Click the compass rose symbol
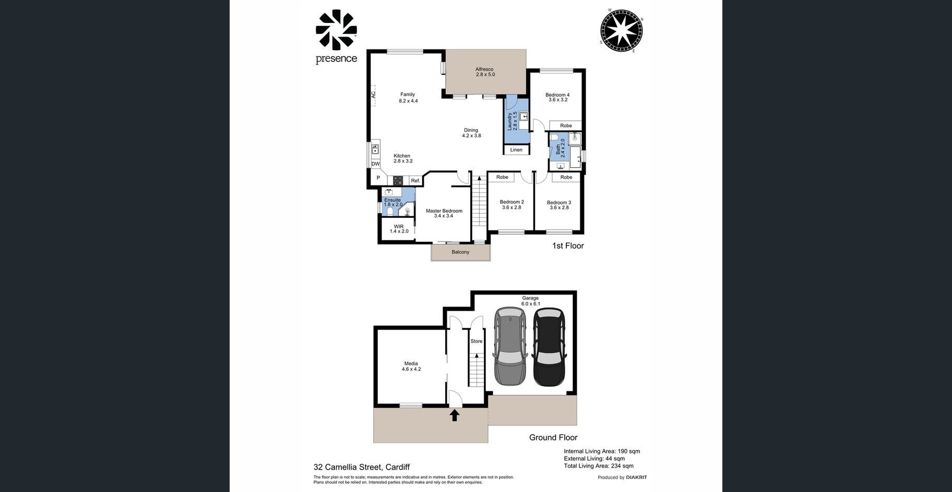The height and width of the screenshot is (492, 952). (621, 31)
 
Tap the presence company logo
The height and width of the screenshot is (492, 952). (336, 36)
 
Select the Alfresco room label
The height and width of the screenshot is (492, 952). (485, 72)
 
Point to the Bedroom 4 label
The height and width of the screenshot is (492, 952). (557, 97)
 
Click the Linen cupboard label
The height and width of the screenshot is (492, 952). (516, 150)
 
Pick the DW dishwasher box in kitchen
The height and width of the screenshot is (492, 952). (376, 164)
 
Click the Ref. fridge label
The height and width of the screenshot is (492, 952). (415, 181)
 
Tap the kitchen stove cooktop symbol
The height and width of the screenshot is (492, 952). (398, 181)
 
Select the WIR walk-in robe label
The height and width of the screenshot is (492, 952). (399, 229)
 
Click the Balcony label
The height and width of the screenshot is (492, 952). (460, 252)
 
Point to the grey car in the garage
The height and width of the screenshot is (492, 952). (510, 347)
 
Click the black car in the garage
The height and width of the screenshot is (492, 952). (549, 347)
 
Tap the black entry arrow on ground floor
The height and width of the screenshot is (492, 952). (455, 415)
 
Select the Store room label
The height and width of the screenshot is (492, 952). (477, 341)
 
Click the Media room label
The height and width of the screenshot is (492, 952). (411, 366)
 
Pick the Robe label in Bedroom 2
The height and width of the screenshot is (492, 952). (502, 177)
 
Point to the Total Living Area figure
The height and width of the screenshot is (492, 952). (599, 466)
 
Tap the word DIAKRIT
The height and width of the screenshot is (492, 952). (637, 477)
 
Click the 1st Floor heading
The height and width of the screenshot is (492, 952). (568, 245)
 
